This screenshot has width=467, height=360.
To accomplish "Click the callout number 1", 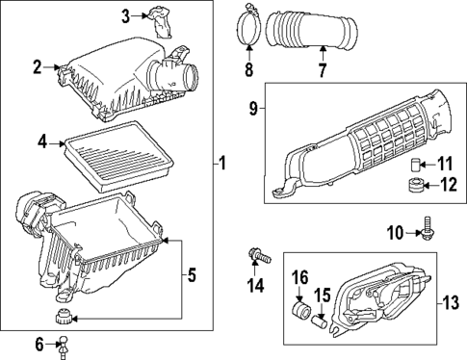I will click(222, 165).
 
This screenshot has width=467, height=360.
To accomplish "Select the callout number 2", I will click(37, 66).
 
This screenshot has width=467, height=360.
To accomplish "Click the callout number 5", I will click(191, 275).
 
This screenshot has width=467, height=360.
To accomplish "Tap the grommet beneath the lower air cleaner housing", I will click(64, 318).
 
